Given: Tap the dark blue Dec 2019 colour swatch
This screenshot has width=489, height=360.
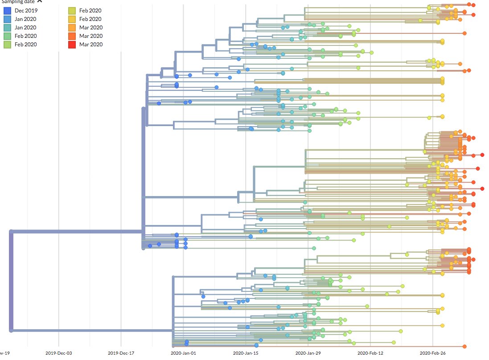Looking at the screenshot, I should pos(7,10).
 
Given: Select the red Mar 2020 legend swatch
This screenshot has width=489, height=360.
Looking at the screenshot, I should pos(71,44).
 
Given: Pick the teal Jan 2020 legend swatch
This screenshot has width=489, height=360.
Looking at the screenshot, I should pos(7,27).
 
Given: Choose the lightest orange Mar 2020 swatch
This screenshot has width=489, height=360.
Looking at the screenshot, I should pos(71,27).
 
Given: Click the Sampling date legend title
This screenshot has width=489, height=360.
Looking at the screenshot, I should pos(18,2).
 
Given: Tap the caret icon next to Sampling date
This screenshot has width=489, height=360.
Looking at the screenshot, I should pos(40,2).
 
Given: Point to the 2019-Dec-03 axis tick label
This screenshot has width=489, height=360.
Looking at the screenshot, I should pos(59,353).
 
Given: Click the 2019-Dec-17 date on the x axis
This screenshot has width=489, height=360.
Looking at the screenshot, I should pos(121,353).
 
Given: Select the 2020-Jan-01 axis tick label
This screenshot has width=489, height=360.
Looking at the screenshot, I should pos(183,353).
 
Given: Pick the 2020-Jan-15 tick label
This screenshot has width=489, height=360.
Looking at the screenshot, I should pos(246,353).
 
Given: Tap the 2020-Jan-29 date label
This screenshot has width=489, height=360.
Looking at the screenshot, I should pos(308,353).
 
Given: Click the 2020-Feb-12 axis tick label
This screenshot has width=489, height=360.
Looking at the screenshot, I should pos(370,353).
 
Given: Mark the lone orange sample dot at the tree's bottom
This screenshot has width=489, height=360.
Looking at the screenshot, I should pos(464,346).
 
